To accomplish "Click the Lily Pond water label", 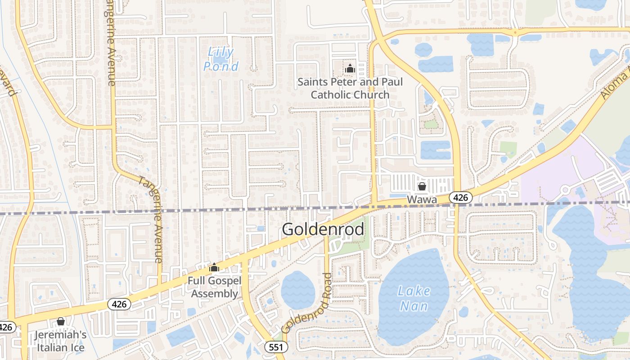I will click(221, 59).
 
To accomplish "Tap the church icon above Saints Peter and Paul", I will click(350, 68).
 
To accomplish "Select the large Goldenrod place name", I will click(323, 229).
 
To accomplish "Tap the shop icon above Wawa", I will click(422, 186).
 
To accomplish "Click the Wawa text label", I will click(422, 198).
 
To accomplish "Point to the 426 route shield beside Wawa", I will click(460, 197).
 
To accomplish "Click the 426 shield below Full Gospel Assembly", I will click(119, 304).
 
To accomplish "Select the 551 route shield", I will click(276, 346).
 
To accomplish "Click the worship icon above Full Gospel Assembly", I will click(214, 268).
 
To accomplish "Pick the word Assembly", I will click(215, 293).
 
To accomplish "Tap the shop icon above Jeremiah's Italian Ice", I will click(61, 321).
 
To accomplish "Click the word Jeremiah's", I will click(61, 335).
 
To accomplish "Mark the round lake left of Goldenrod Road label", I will click(297, 290).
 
